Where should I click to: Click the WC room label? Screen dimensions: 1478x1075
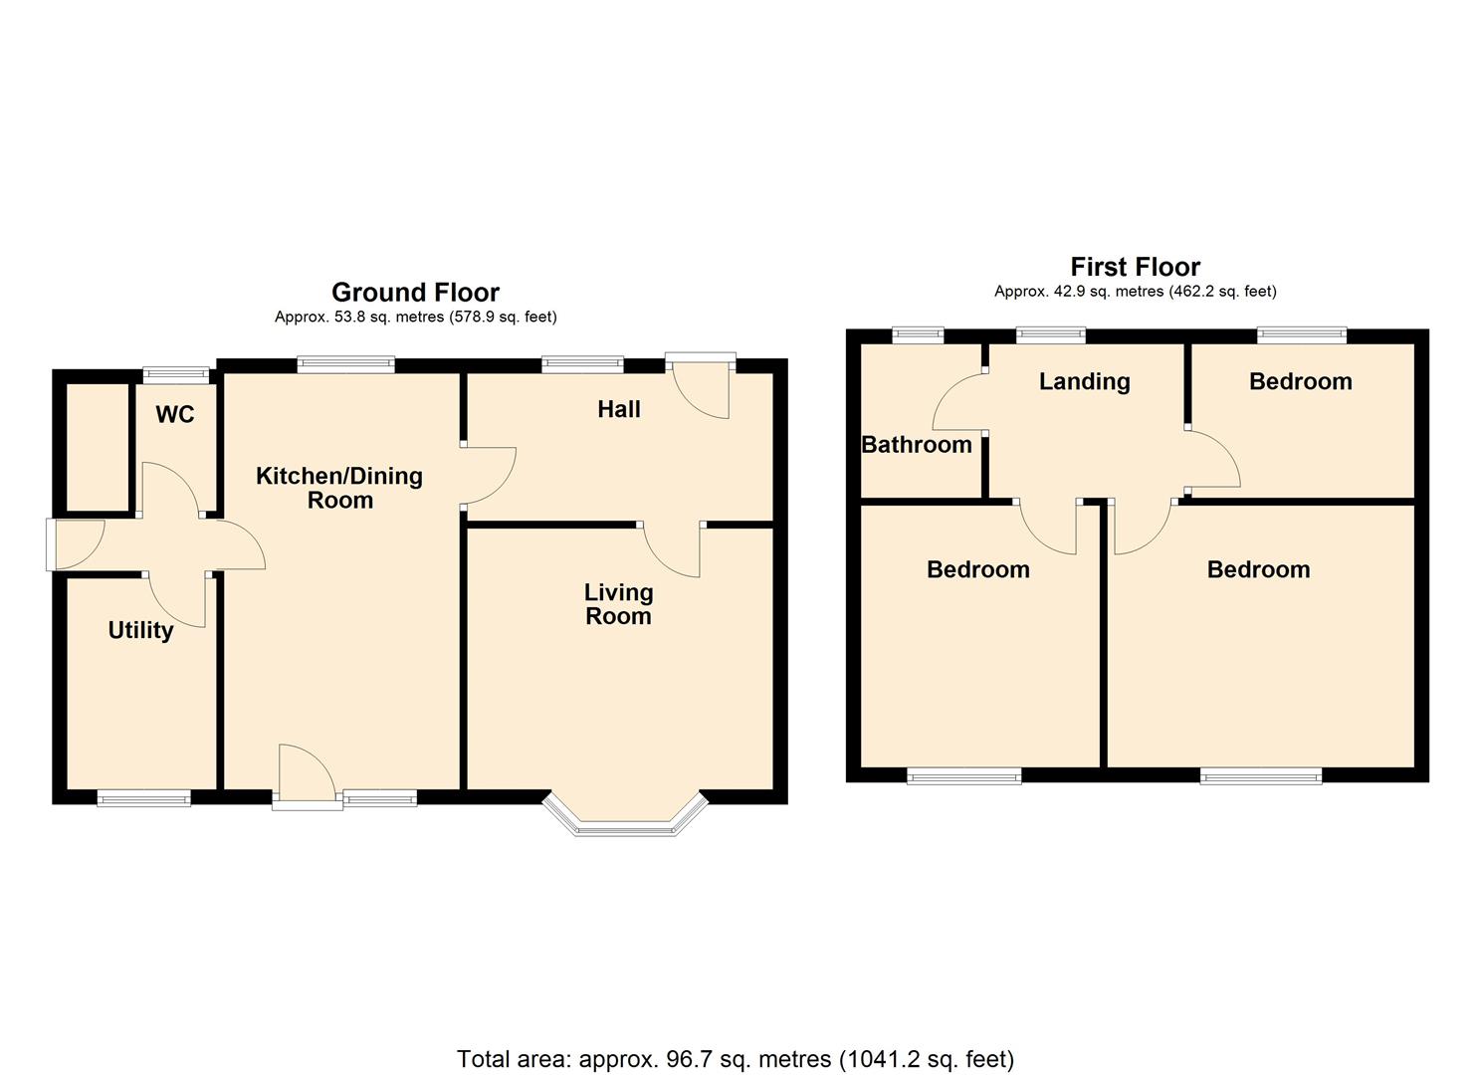click(175, 414)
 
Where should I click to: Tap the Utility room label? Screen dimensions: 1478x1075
click(140, 630)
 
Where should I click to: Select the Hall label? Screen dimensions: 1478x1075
click(619, 409)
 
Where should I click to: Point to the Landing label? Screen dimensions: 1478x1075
click(1085, 381)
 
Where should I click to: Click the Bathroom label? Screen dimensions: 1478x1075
click(917, 445)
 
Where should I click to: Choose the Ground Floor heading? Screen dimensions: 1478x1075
click(416, 292)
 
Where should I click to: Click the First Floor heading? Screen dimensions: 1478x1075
click(1136, 267)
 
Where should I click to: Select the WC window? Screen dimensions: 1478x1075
click(176, 375)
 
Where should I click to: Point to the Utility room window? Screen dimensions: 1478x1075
click(144, 798)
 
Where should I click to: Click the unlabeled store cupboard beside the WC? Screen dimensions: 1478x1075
click(98, 447)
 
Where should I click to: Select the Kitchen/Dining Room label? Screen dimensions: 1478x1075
click(339, 488)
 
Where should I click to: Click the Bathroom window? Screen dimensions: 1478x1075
click(918, 335)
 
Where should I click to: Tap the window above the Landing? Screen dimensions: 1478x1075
click(1051, 335)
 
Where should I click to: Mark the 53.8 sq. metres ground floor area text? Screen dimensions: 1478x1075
click(416, 317)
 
